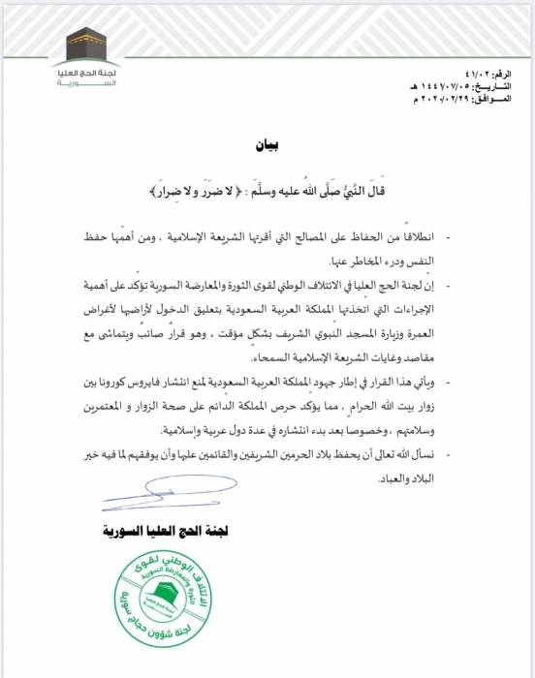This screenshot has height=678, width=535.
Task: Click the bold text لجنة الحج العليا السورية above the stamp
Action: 158,531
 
